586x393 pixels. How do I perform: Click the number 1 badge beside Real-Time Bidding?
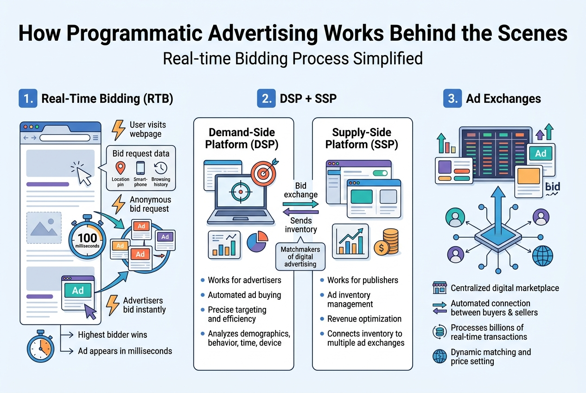(27, 99)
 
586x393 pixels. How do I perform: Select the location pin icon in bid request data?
(121, 168)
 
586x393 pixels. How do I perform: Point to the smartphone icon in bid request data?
(141, 168)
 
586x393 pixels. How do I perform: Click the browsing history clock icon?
(161, 168)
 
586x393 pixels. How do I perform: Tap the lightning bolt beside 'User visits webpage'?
(119, 130)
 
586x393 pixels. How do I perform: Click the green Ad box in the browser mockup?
(78, 291)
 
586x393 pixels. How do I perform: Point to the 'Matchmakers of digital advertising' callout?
(300, 257)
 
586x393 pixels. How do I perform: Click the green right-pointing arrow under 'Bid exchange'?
(300, 204)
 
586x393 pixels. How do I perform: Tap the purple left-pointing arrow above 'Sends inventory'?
(300, 212)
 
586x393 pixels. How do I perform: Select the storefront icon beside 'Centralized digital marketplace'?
(439, 288)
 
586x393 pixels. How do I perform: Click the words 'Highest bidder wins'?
(113, 335)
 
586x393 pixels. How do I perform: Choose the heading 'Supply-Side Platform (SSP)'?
(362, 138)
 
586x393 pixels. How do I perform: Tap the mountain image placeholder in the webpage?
(44, 228)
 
